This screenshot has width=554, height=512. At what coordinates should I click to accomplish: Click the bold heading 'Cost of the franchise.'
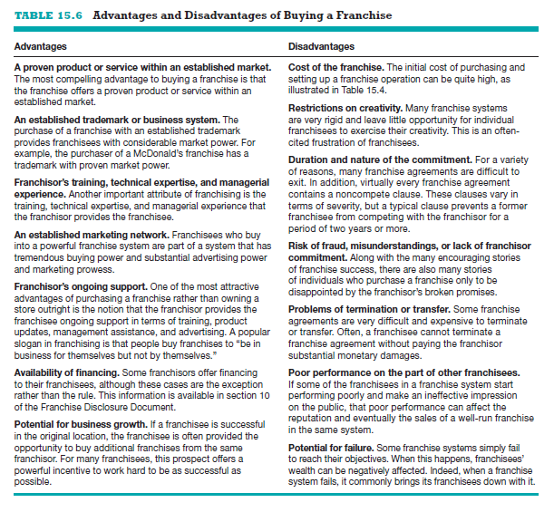click(x=335, y=67)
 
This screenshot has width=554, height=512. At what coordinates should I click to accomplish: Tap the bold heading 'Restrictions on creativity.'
click(x=346, y=109)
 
